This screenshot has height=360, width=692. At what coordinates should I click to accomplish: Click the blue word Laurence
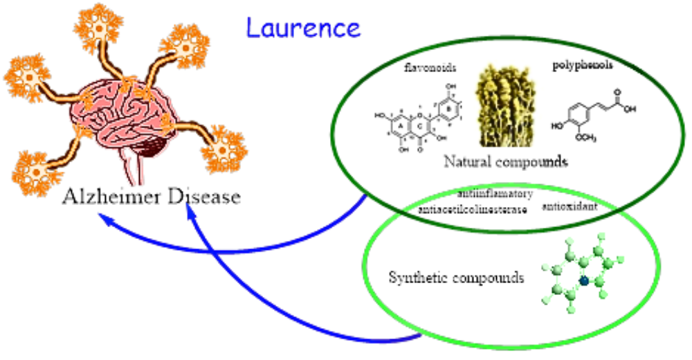point(303,28)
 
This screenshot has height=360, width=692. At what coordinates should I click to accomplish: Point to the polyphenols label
point(583,66)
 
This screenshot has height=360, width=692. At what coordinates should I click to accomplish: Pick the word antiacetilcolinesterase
point(473,208)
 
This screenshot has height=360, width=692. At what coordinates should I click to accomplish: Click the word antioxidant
point(570,206)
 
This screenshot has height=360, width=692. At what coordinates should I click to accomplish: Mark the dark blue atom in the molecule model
point(584,280)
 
